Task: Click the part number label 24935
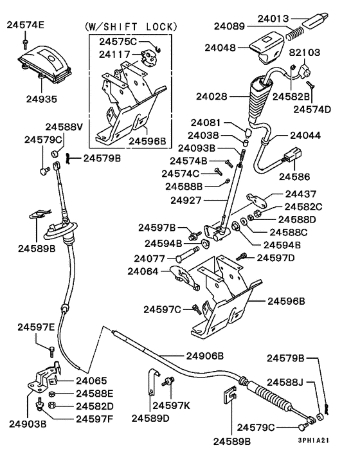(x=41, y=100)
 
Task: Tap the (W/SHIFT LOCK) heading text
(x=130, y=26)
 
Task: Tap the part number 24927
(x=187, y=200)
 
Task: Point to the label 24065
(x=91, y=381)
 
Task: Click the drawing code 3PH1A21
(x=316, y=441)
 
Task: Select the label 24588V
(x=64, y=127)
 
